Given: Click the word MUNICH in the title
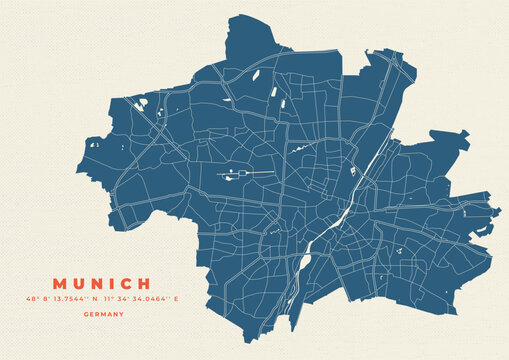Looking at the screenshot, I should [104, 285].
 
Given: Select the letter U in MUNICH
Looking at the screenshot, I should [80, 285].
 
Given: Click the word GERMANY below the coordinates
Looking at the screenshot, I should [104, 314].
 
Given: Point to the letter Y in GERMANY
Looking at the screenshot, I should [121, 314].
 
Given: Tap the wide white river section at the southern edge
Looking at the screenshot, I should [305, 263].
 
